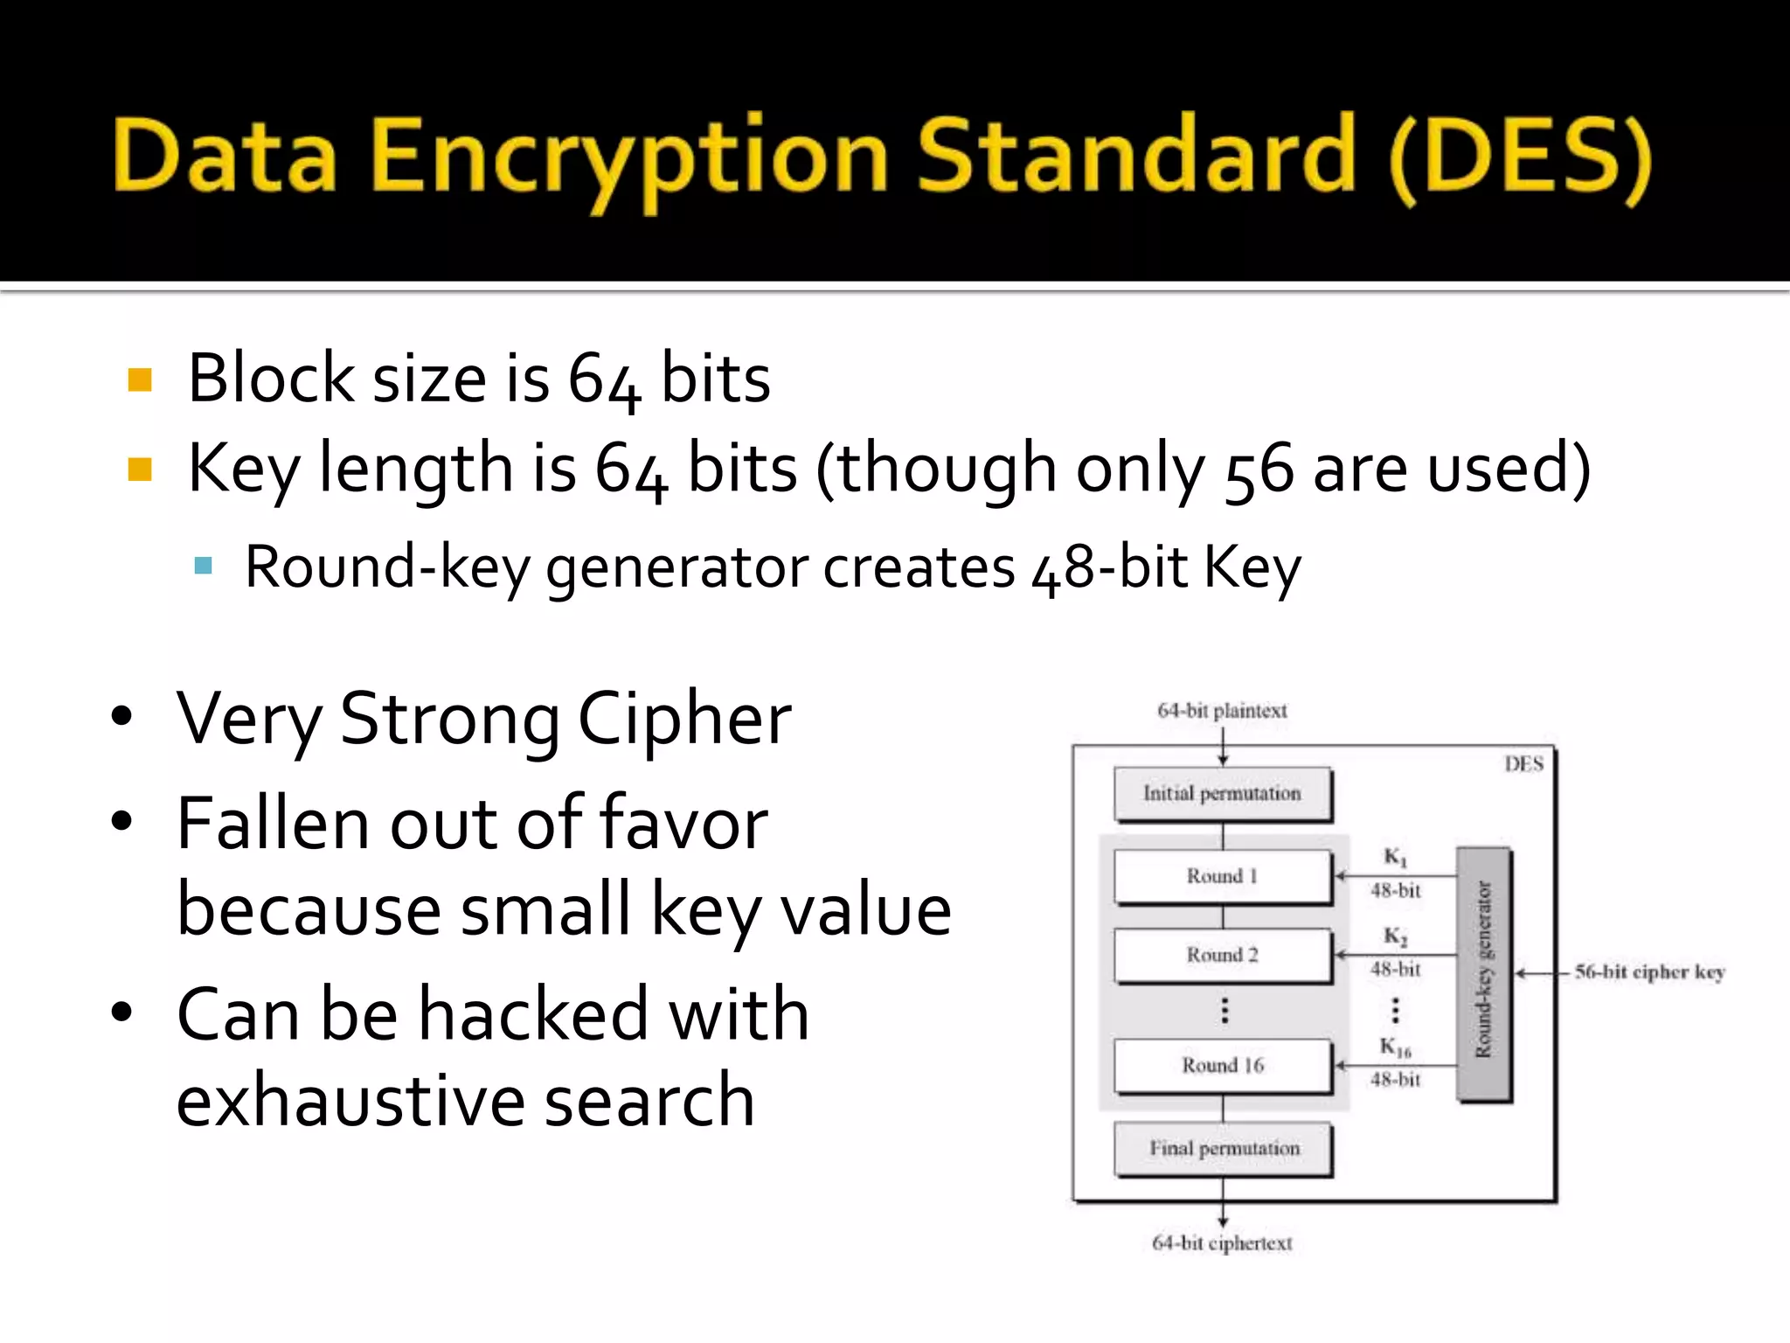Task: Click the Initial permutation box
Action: click(x=1222, y=794)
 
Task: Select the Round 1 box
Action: click(x=1222, y=876)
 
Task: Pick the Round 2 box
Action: click(x=1222, y=955)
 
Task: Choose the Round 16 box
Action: click(x=1222, y=1065)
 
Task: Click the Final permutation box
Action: click(x=1224, y=1148)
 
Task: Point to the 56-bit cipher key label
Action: click(x=1649, y=972)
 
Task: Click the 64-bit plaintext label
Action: click(x=1222, y=711)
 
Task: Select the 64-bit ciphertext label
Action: click(x=1222, y=1242)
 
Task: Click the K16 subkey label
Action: click(x=1395, y=1047)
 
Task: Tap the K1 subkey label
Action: click(x=1395, y=857)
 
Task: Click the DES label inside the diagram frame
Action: click(x=1523, y=764)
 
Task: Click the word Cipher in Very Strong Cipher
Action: click(x=684, y=719)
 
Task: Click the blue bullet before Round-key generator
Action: click(x=204, y=566)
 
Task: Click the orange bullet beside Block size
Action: click(x=140, y=379)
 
